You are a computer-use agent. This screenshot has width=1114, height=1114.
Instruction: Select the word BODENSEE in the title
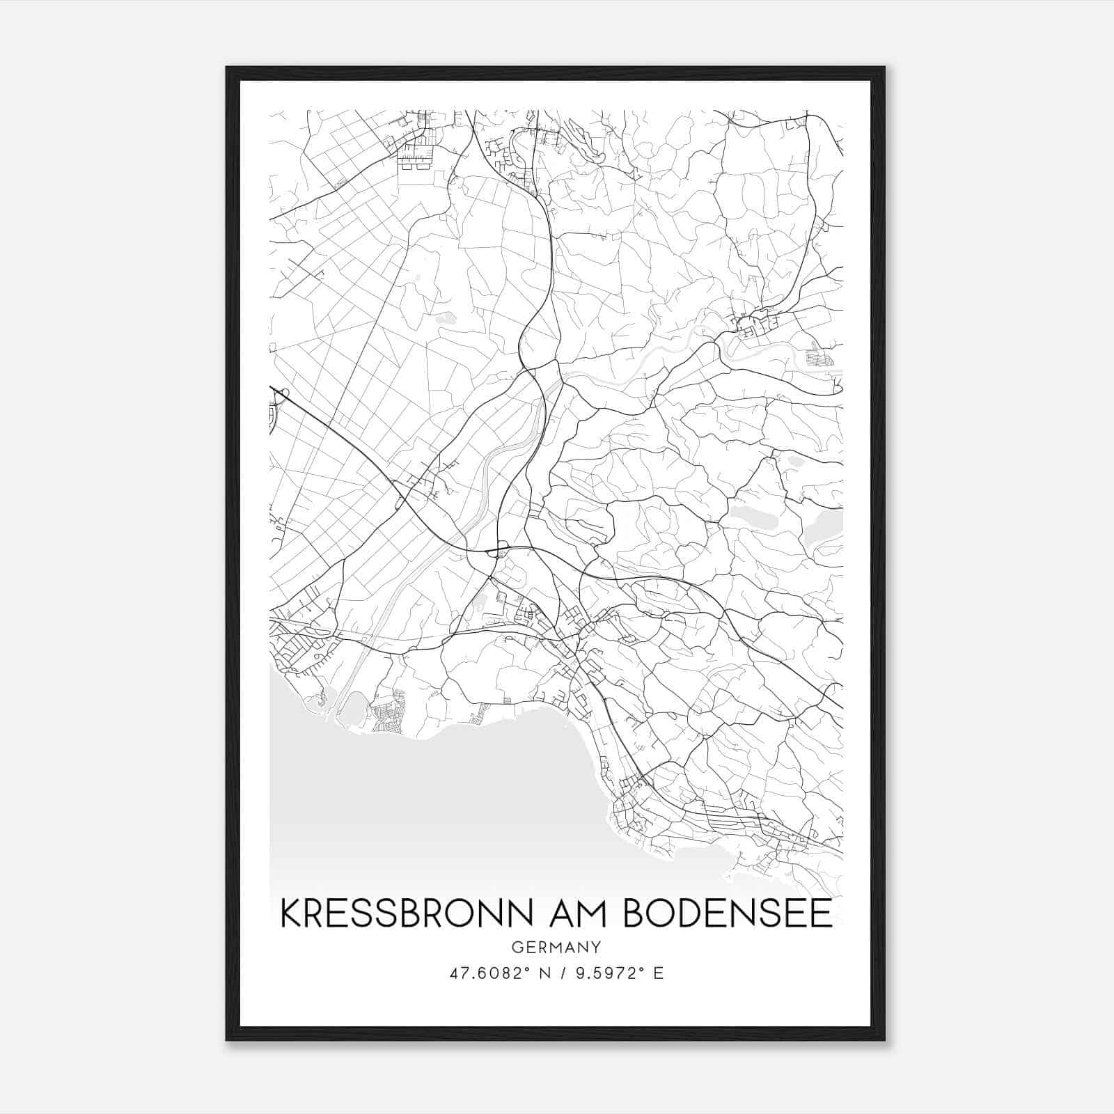pyautogui.click(x=728, y=913)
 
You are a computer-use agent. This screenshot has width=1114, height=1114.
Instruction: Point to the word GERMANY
pyautogui.click(x=556, y=947)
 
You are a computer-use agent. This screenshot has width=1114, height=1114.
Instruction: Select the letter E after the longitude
pyautogui.click(x=659, y=973)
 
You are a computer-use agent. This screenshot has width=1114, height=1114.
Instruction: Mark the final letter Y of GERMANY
pyautogui.click(x=596, y=947)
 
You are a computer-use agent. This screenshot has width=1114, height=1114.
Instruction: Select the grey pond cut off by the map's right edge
pyautogui.click(x=825, y=527)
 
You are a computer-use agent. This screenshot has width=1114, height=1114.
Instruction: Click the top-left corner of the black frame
pyautogui.click(x=226, y=68)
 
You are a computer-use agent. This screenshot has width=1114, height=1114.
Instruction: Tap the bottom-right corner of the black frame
pyautogui.click(x=884, y=1040)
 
